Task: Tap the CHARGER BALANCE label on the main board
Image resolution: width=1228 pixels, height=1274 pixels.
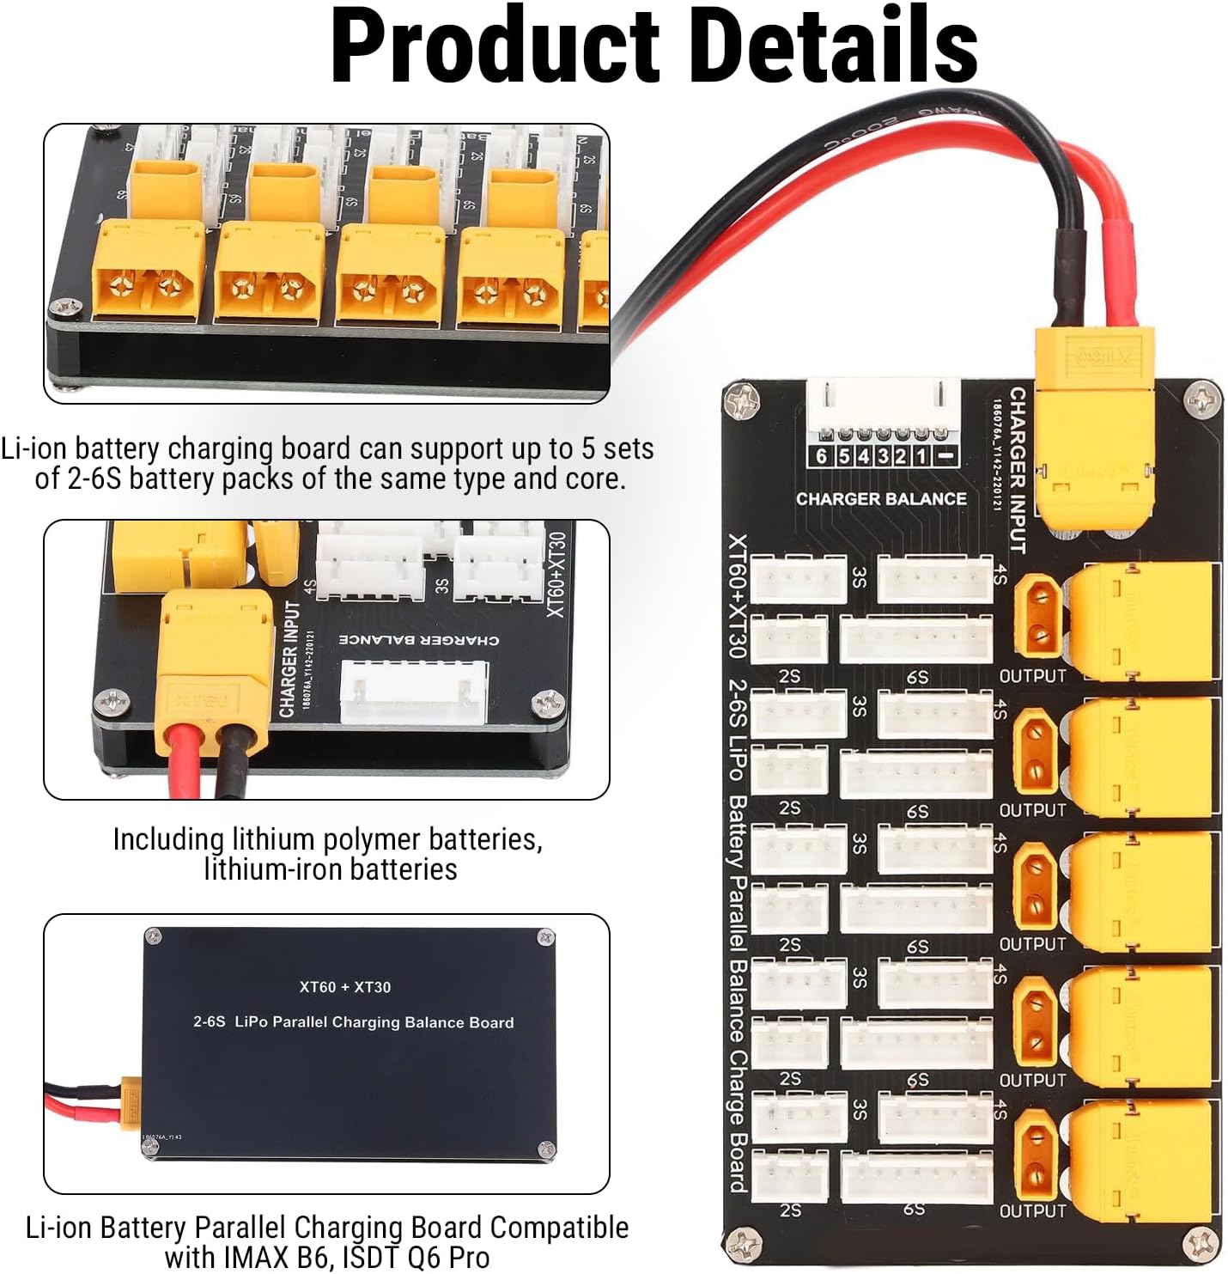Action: click(x=881, y=499)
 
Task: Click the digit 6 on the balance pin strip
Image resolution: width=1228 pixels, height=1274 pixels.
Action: click(x=822, y=456)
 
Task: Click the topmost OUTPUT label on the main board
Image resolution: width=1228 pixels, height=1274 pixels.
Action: click(x=1032, y=676)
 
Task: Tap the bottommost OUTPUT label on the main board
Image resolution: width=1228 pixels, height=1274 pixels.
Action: click(x=1032, y=1211)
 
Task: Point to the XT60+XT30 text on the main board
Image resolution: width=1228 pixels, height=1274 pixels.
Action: click(x=738, y=596)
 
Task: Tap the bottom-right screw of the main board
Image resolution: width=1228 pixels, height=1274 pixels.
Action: click(x=1201, y=1242)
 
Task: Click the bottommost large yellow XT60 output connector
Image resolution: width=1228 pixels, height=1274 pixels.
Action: click(x=1142, y=1155)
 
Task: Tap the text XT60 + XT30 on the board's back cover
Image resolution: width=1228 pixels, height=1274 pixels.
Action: click(x=345, y=987)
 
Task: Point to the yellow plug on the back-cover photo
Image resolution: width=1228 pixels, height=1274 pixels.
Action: click(x=130, y=1099)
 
